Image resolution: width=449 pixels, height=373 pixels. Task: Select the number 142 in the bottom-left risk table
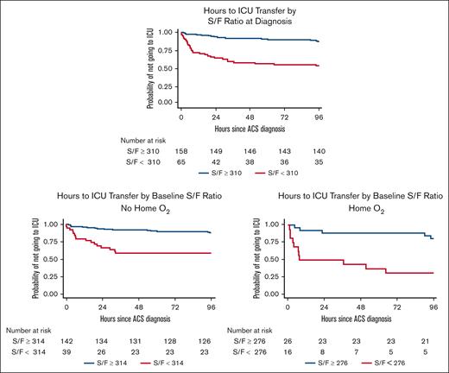click(67, 341)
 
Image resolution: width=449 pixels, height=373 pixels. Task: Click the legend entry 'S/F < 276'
click(393, 364)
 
